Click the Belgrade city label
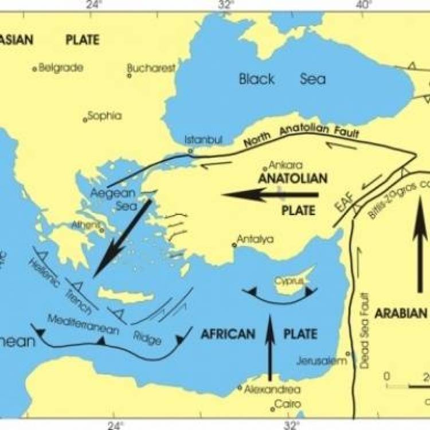click(x=60, y=68)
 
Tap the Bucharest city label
click(x=151, y=68)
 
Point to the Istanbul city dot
click(x=190, y=151)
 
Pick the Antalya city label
click(x=256, y=240)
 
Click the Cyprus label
click(x=288, y=281)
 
